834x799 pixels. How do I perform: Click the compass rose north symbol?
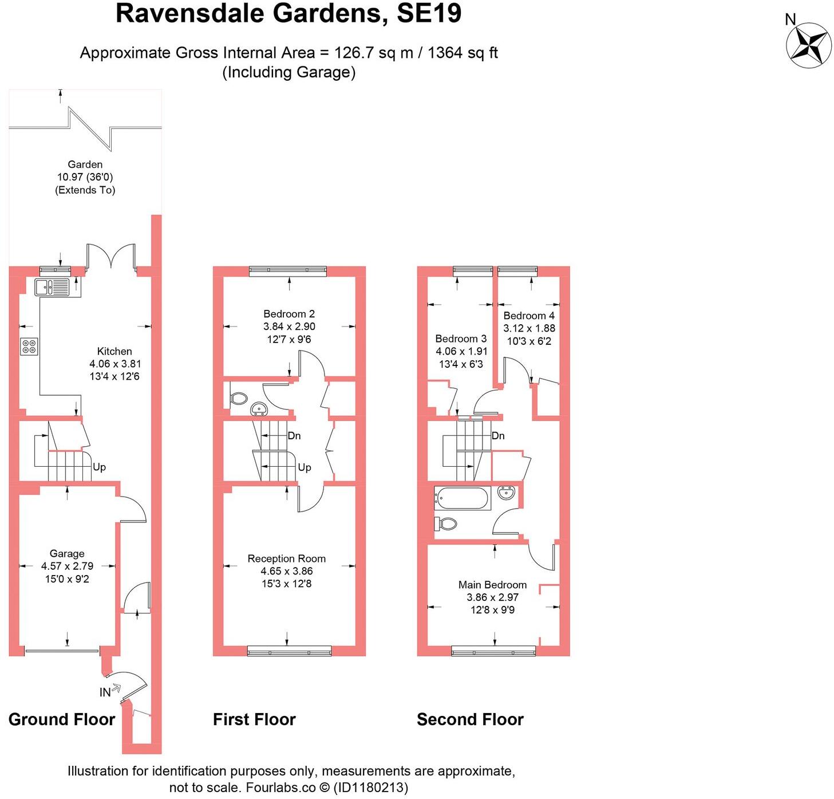(808, 44)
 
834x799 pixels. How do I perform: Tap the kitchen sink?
(52, 287)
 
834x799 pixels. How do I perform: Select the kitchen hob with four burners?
(29, 347)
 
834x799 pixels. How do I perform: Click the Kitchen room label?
(114, 352)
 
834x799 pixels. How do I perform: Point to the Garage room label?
(67, 554)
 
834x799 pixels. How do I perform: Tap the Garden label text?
(85, 165)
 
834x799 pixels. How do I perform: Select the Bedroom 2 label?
(289, 314)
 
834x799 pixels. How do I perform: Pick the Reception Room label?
(287, 558)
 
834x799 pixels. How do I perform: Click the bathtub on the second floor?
(462, 498)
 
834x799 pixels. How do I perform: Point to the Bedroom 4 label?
(529, 316)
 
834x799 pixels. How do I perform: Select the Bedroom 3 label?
(461, 339)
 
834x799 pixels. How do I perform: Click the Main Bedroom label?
(492, 585)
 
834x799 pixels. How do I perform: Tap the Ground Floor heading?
(62, 719)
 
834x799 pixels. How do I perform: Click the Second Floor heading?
(470, 719)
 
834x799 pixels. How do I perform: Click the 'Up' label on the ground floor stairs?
(99, 467)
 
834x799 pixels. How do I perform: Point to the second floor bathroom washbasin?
(507, 493)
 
